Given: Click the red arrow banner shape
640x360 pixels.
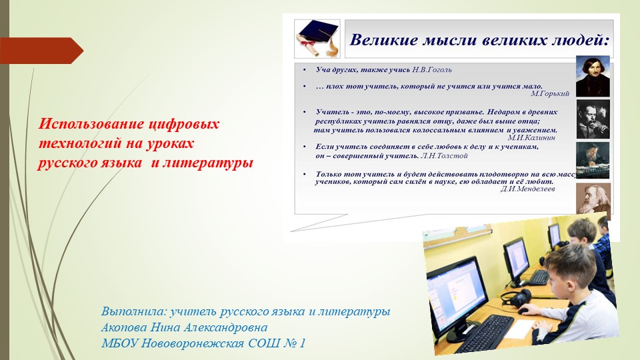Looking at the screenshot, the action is pos(41,51).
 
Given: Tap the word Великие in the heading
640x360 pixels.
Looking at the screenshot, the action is pos(384,40).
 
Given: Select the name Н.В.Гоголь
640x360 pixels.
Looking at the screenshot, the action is pos(432,70).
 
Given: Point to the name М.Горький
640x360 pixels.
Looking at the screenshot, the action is pos(550,93).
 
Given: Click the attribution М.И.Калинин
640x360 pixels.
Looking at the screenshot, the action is pos(531,137).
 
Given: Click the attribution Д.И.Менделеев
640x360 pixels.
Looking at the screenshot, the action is pos(528,189).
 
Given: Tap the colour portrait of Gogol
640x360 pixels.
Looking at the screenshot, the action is pos(593,76).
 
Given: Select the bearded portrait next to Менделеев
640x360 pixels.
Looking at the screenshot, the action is pos(593,199).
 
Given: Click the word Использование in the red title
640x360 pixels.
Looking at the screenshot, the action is pos(91,124).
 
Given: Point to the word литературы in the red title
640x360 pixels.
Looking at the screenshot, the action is pos(208,163).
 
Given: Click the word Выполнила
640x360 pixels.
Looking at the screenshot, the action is pos(134,311).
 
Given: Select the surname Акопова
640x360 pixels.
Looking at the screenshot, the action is pos(124,327).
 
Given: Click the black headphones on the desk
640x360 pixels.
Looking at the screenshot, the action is pos(516,297).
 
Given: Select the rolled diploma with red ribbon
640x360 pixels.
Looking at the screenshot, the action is pos(309,44).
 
